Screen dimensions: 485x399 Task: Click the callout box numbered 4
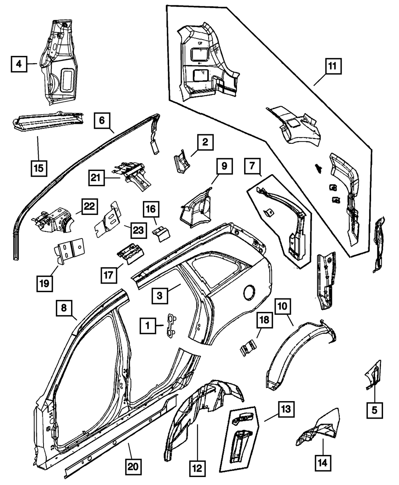pos(18,64)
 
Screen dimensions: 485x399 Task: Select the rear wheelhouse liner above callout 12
pos(199,415)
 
